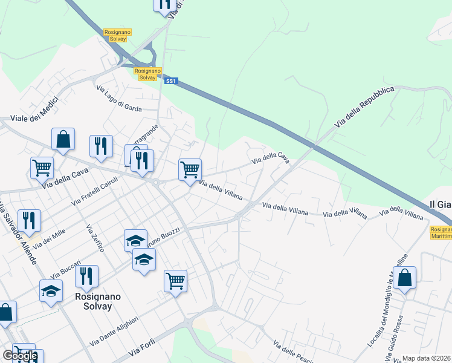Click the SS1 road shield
pos(171,80)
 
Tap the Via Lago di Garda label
pos(119,98)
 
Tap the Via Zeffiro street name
pos(95,238)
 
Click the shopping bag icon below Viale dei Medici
pos(63,140)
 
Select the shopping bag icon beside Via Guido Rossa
pos(404,278)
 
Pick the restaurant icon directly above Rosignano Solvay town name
pos(86,276)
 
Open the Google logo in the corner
pos(20,356)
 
